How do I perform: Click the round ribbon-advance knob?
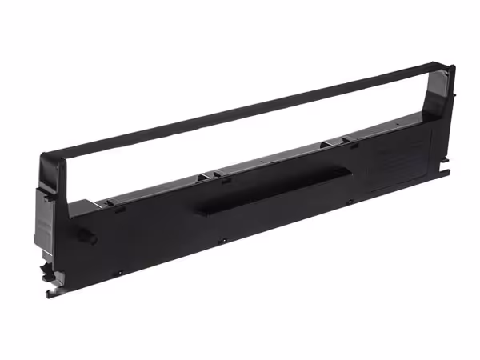point(89,238)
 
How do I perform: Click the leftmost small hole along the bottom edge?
point(120,271)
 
